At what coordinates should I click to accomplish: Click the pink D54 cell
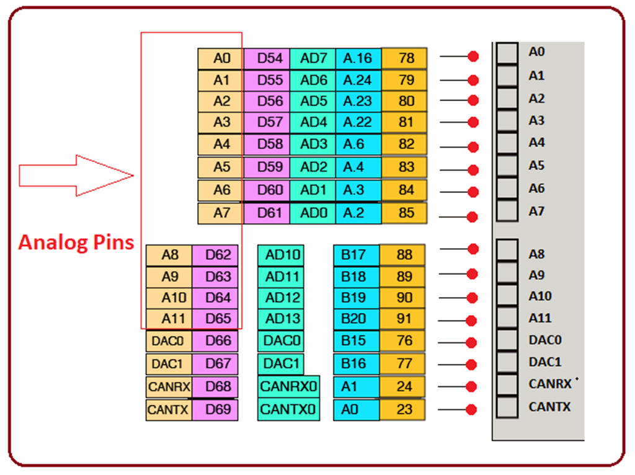pos(267,58)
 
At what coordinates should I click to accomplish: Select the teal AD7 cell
pos(313,58)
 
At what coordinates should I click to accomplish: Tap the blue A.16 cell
pos(358,58)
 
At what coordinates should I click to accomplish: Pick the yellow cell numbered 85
pos(404,213)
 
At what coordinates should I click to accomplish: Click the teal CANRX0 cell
pos(288,386)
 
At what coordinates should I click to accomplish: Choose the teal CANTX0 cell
pos(288,409)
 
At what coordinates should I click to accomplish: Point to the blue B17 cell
pos(356,254)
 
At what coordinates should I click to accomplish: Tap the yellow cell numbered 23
pos(402,409)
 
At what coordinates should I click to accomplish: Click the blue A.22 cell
pos(358,122)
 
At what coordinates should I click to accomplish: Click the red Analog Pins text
pos(76,242)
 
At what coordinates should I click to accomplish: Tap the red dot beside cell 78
pos(473,56)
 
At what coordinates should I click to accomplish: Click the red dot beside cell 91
pos(472,321)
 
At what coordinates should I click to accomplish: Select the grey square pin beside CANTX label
pos(507,407)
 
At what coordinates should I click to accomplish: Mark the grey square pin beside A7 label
pos(507,211)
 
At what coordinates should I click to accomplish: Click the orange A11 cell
pos(169,319)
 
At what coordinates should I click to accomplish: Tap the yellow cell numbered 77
pos(402,363)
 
